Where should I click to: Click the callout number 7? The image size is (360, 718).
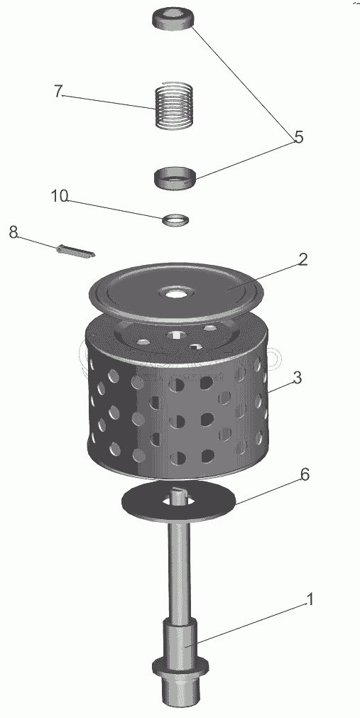click(x=58, y=92)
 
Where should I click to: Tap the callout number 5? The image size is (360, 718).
click(x=299, y=137)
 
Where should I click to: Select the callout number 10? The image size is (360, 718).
click(x=60, y=196)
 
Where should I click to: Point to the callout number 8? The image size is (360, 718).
click(x=13, y=232)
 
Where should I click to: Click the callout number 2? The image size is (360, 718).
click(x=302, y=260)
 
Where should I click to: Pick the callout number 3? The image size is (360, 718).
click(x=297, y=378)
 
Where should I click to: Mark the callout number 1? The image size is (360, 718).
click(x=310, y=599)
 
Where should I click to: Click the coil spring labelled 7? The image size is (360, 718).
click(x=173, y=106)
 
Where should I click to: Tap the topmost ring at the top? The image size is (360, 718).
click(x=173, y=18)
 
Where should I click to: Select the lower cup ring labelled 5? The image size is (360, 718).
click(x=175, y=178)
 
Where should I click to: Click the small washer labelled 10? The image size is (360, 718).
click(x=175, y=219)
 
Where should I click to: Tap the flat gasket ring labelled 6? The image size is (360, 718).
click(x=179, y=501)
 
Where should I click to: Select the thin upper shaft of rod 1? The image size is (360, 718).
click(x=180, y=572)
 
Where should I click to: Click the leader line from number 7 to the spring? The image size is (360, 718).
click(x=108, y=102)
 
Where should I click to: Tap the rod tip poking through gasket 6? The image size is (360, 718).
click(x=178, y=496)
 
